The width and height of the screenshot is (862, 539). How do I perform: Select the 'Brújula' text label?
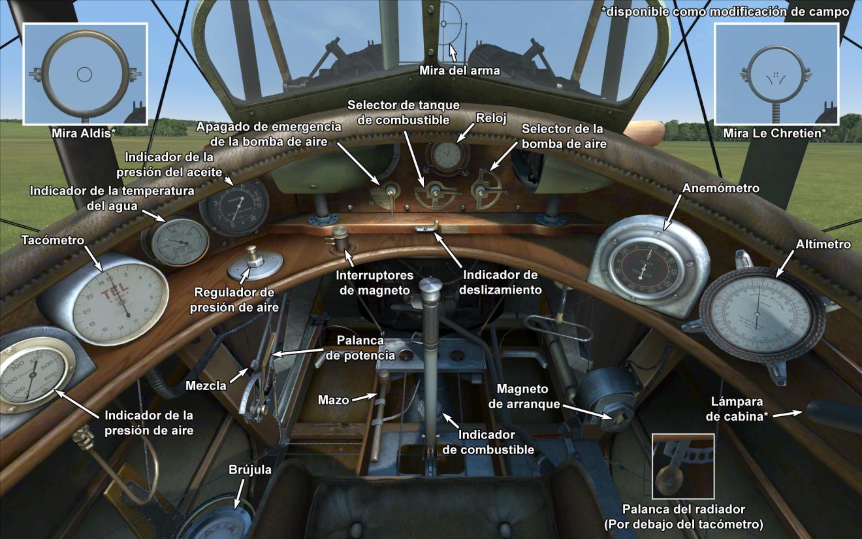249,470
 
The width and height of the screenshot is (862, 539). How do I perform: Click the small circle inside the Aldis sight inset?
84,74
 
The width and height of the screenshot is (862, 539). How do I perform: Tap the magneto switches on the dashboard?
340,237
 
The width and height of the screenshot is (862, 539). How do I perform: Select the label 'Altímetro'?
823,244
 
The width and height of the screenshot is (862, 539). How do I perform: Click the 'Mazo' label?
332,399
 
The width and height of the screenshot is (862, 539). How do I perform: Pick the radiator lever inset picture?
682,465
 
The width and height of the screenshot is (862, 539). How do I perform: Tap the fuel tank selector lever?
432,194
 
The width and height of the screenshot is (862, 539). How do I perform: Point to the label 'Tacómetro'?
53,240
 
